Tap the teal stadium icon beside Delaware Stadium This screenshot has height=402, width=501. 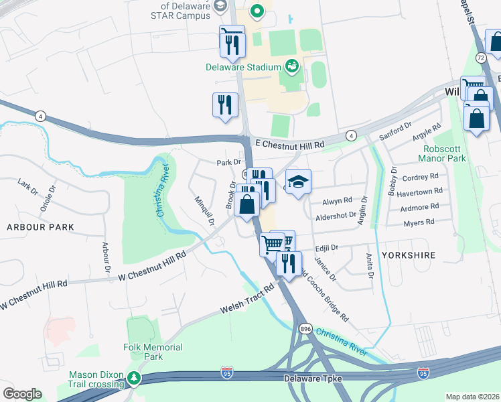coord(291,66)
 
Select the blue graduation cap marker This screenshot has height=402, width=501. coord(298,182)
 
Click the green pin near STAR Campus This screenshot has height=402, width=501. coord(257,11)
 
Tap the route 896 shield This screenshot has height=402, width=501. coord(305,329)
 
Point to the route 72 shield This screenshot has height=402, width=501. coord(481,59)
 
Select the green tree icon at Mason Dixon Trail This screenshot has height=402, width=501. coord(134,378)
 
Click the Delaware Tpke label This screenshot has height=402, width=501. coord(313,379)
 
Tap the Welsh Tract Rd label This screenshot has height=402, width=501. coord(248,299)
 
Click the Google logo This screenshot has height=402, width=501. coord(22,393)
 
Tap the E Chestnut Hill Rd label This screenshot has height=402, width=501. coord(289,144)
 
